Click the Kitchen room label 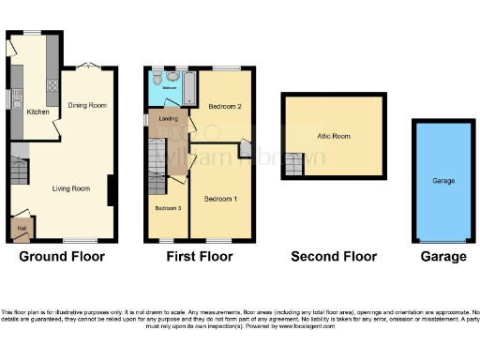[x=37, y=112]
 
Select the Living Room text [x=71, y=188]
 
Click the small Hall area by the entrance [x=21, y=226]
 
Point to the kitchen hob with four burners [x=52, y=84]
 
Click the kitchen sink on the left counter [x=16, y=97]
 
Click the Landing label [x=169, y=119]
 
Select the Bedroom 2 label [x=225, y=106]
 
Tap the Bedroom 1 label [x=221, y=198]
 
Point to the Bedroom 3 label [x=168, y=207]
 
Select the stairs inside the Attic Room [x=295, y=166]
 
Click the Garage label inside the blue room [x=442, y=179]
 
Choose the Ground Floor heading [x=62, y=256]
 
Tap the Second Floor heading [x=333, y=256]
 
